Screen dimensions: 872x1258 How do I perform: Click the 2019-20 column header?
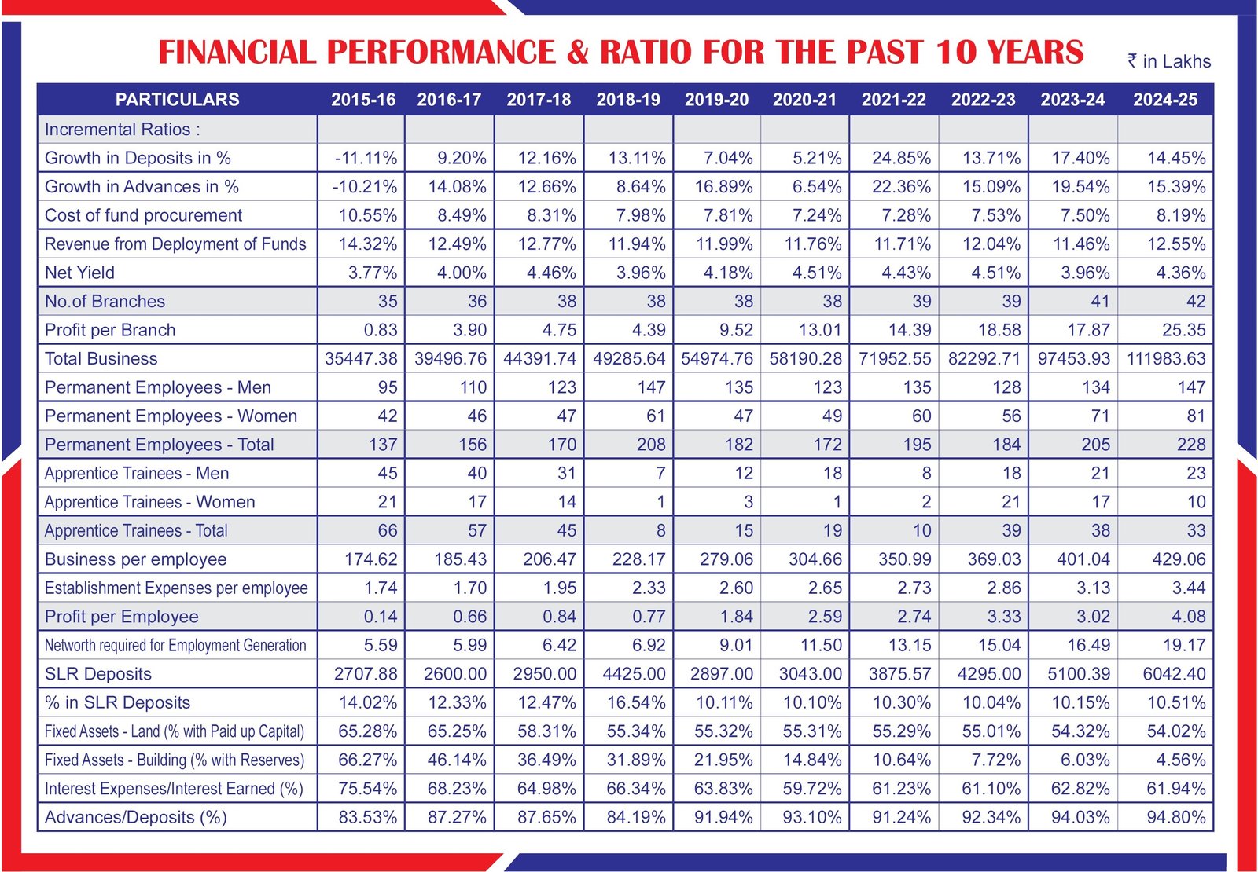(x=716, y=100)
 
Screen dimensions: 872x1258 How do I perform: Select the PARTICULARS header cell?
(x=177, y=100)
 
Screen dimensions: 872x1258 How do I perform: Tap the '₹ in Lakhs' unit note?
(x=1169, y=61)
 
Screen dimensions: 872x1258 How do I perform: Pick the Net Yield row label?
(x=79, y=273)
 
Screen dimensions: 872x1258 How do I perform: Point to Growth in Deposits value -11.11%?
(x=366, y=158)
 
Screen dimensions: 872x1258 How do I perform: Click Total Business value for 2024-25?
(x=1166, y=359)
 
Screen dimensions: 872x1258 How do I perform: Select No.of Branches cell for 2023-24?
(x=1099, y=302)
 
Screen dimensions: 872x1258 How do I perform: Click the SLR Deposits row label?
(x=98, y=674)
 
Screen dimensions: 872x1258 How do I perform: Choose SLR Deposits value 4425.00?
(x=634, y=674)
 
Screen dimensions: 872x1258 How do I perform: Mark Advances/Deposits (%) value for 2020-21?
(x=811, y=817)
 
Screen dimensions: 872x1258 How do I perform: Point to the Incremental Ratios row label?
(x=123, y=130)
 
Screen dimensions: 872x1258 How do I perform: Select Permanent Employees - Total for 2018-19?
(x=650, y=445)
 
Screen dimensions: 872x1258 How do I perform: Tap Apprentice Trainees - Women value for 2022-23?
(x=1010, y=502)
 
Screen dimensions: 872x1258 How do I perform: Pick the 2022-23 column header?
(x=983, y=100)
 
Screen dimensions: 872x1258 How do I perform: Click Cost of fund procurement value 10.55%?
(x=367, y=215)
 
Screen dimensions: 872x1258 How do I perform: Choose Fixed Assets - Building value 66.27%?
(x=367, y=760)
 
